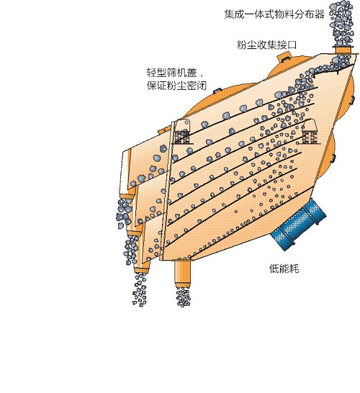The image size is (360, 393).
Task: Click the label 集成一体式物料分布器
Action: [x=274, y=14]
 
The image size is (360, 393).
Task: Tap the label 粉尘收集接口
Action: [x=266, y=45]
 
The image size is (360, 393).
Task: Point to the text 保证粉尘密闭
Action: [x=176, y=86]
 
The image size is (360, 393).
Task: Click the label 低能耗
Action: [x=284, y=268]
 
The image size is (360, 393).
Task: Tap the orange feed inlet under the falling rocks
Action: [x=343, y=50]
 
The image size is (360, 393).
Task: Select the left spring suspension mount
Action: [x=182, y=132]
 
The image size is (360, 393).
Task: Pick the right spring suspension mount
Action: [x=309, y=132]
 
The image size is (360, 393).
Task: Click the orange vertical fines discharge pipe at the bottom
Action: [x=182, y=274]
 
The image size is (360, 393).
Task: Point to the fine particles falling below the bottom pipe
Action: [x=184, y=297]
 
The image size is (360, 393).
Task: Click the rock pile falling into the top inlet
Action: [x=342, y=23]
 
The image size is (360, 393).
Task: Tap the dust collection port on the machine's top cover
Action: [x=284, y=57]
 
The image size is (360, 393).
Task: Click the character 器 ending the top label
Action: [x=320, y=14]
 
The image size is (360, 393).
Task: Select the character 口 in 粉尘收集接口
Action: [x=292, y=45]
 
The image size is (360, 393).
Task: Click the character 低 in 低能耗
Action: [x=274, y=268]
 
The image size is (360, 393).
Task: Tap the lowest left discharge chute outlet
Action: [x=142, y=270]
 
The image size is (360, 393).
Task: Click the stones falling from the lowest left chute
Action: [x=140, y=290]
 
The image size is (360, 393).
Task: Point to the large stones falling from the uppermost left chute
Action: [x=124, y=214]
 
